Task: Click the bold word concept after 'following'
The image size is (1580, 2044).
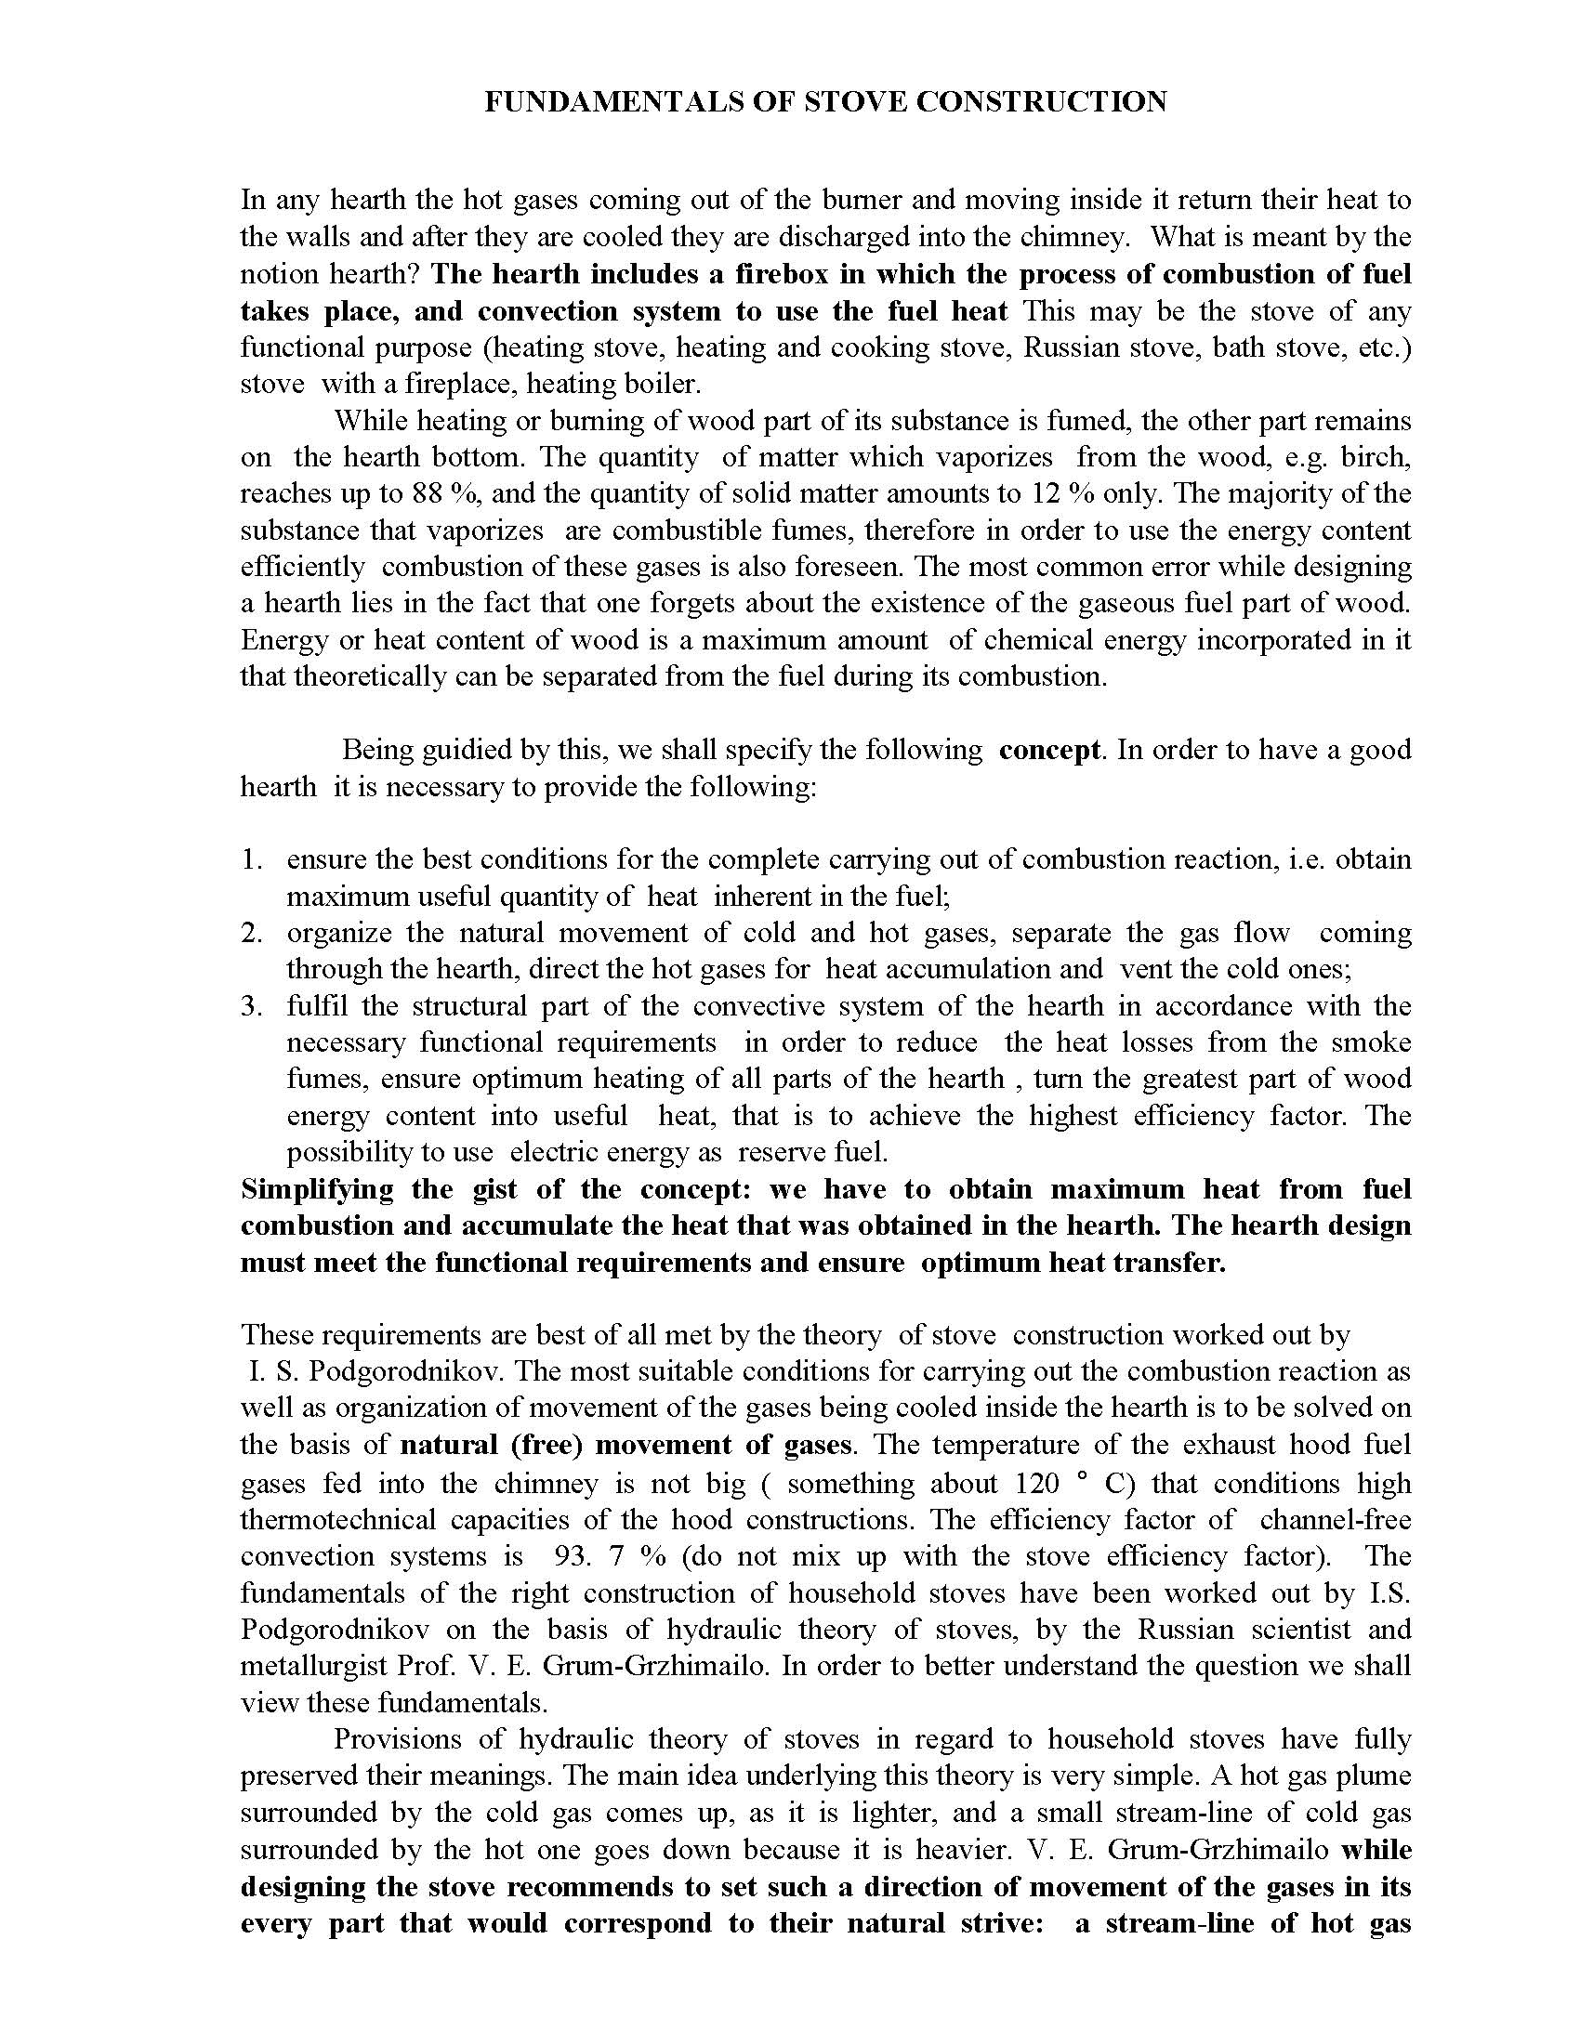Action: [1049, 751]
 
